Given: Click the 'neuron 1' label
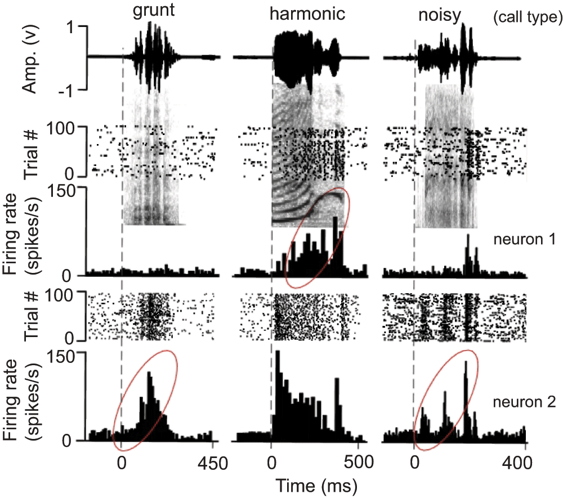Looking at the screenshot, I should pos(525,239).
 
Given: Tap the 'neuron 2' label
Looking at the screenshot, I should pos(525,402).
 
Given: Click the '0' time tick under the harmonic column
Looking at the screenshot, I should pos(272,463).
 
